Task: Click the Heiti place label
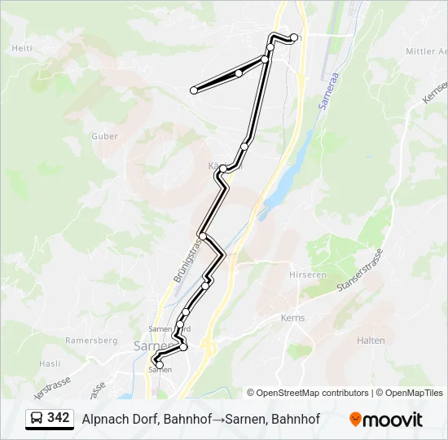22,48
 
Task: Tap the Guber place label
104,137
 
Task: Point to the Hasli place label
51,363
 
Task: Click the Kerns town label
292,318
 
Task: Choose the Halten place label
371,341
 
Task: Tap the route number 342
59,418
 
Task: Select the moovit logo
386,420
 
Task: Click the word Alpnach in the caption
105,420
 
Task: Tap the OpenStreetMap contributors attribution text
308,393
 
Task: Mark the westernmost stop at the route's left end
194,90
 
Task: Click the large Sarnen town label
150,345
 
